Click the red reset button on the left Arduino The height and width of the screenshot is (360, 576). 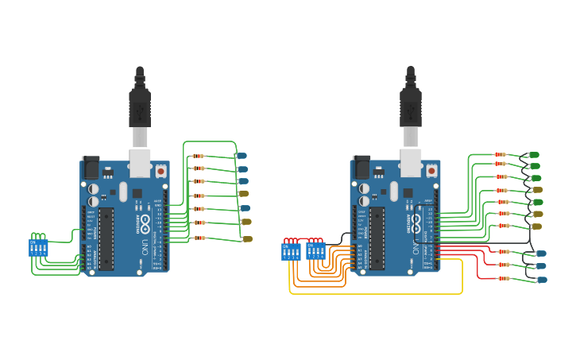tap(160, 170)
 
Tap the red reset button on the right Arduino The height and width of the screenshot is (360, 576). tap(431, 170)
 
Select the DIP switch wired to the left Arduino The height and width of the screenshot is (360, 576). tap(38, 248)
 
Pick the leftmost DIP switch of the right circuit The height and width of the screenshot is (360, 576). tap(292, 251)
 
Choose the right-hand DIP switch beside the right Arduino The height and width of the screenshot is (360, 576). tap(316, 251)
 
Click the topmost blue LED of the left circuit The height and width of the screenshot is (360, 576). tap(242, 156)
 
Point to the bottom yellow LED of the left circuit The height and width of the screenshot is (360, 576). tap(247, 238)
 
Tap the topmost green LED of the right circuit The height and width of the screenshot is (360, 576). tap(534, 155)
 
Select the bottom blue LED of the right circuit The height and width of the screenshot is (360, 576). tap(542, 279)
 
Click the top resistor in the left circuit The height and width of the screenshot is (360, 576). tap(198, 156)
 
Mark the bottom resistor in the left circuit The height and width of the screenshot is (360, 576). tap(199, 238)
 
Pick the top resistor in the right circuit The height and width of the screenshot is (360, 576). tap(501, 154)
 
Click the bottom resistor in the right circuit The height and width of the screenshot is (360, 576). tap(504, 278)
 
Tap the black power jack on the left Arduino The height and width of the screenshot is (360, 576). tap(91, 167)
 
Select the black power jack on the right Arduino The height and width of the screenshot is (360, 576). tap(361, 167)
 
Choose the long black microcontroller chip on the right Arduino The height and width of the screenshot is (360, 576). tap(377, 238)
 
